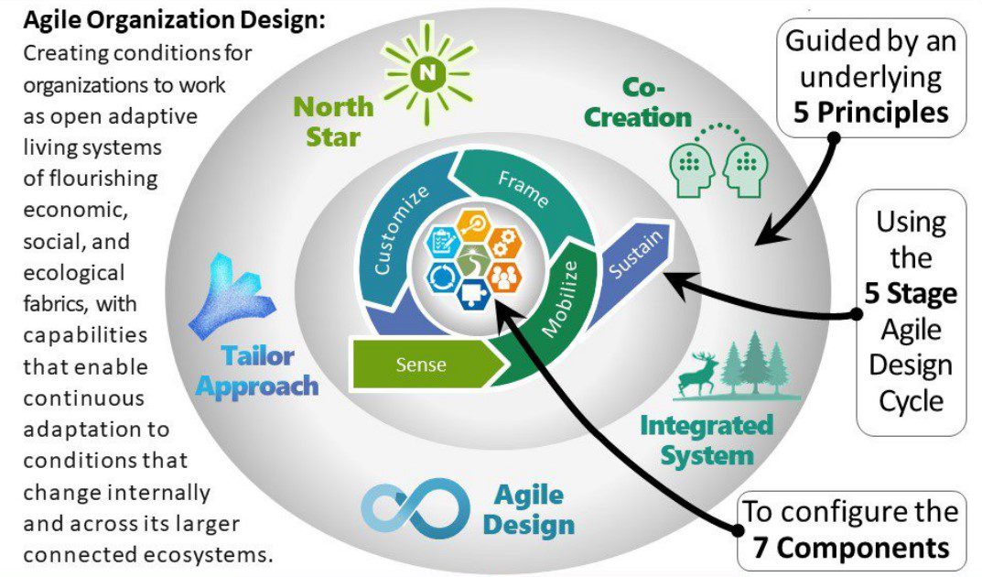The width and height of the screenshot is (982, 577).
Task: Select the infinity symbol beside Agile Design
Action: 414,506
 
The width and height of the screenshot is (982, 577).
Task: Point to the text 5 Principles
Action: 869,113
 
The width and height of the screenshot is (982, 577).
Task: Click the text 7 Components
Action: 851,547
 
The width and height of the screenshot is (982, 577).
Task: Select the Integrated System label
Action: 706,440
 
